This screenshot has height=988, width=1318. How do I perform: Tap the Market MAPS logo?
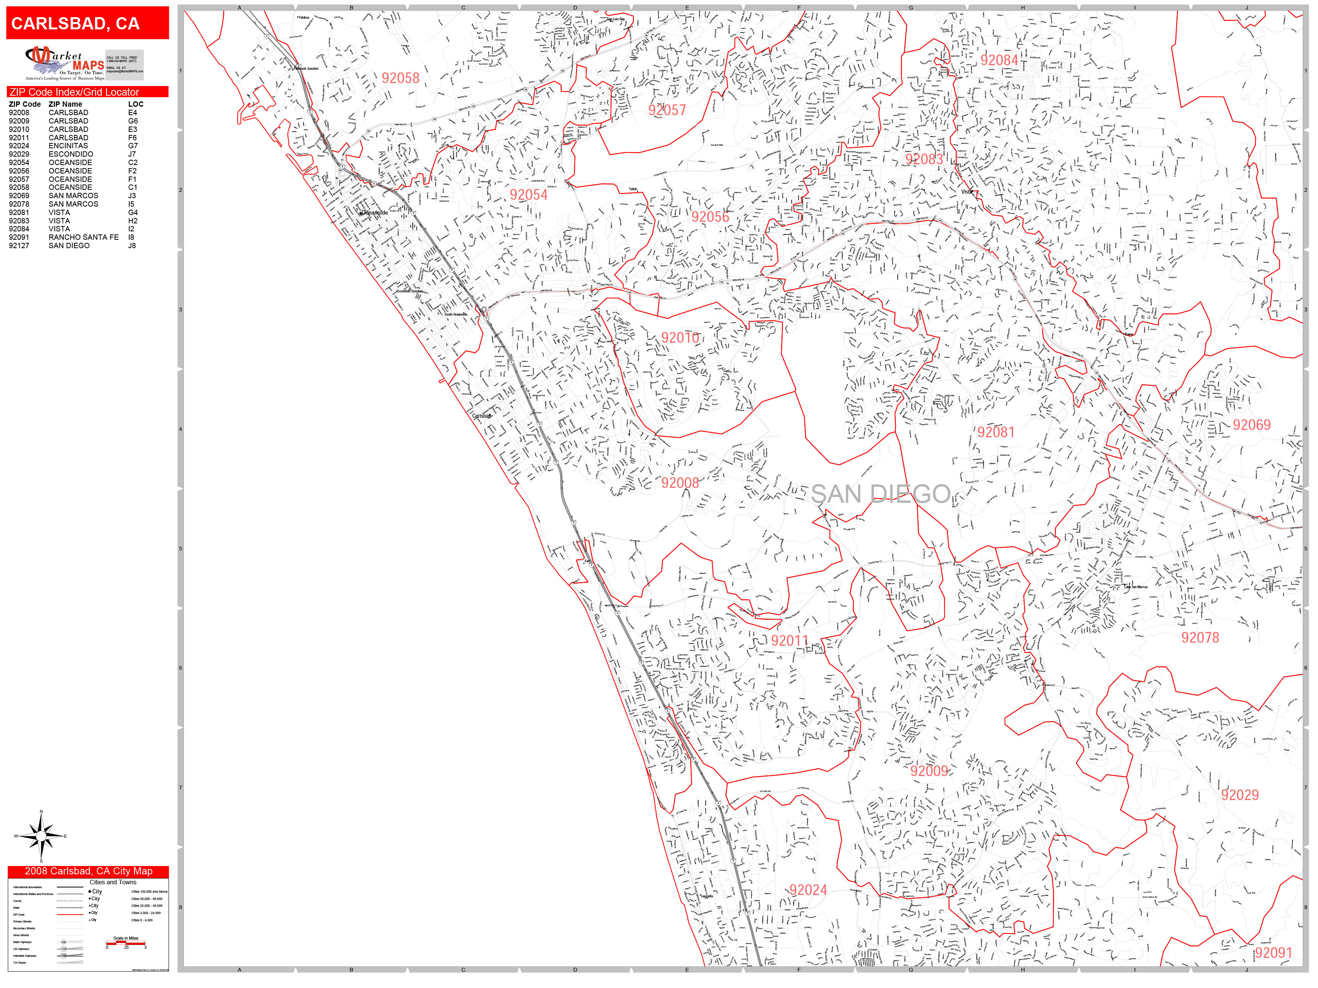(64, 63)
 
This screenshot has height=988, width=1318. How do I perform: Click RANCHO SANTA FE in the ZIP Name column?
(84, 237)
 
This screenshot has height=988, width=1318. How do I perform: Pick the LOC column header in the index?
(135, 104)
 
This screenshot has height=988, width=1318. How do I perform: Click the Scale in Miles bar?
(126, 943)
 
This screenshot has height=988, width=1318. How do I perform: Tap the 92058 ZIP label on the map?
(400, 79)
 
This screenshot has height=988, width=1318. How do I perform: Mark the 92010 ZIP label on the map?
(680, 338)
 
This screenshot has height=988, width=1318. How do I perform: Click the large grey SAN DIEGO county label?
(880, 494)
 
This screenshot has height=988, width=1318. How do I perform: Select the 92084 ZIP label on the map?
(999, 60)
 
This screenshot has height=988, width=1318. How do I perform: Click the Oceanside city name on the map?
(375, 213)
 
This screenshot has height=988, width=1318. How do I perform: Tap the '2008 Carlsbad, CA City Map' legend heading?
(88, 871)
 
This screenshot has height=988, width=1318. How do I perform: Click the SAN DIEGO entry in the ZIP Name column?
(69, 245)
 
